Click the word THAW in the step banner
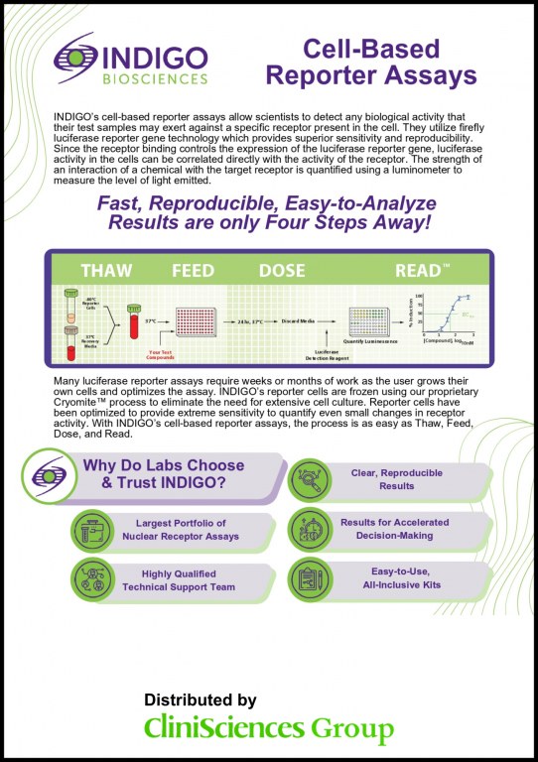click(106, 271)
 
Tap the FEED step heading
click(194, 271)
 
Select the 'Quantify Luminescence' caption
click(369, 341)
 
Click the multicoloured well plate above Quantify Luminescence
click(368, 320)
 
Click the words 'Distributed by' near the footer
click(200, 699)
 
